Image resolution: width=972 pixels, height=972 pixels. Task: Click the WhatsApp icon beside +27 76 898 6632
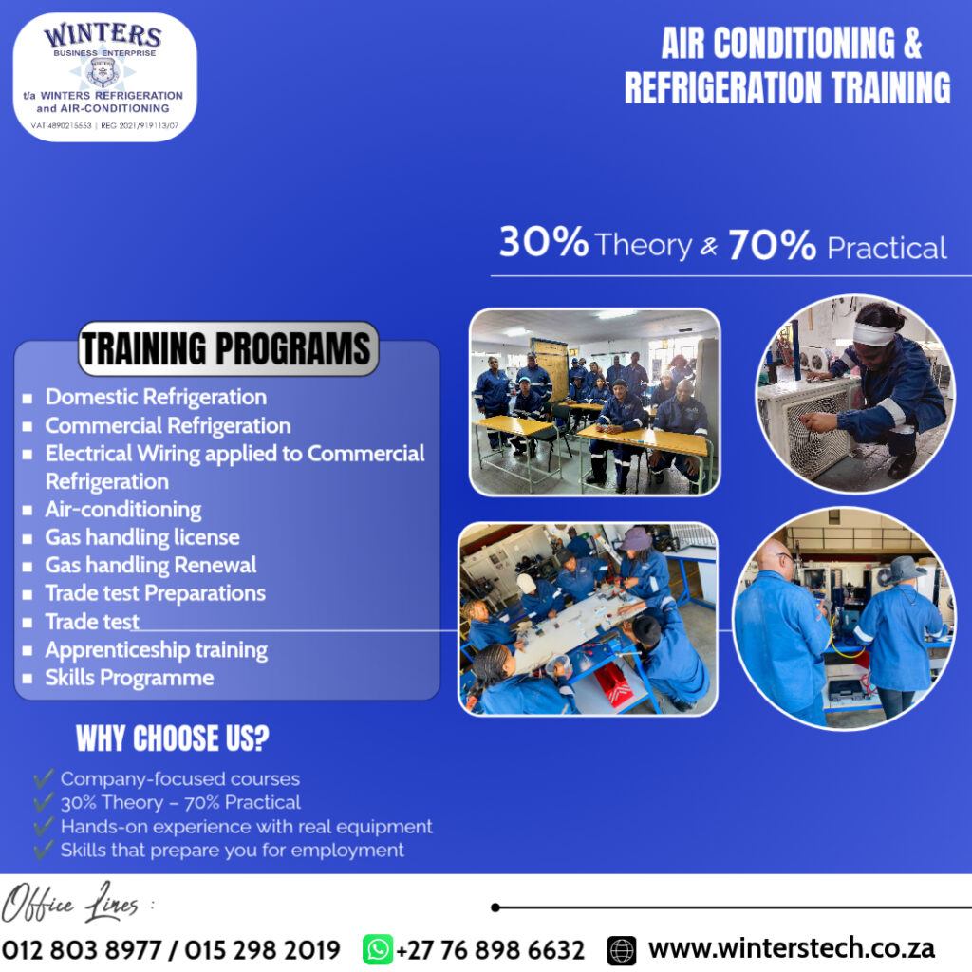tap(378, 949)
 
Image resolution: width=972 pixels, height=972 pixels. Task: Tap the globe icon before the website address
tap(622, 950)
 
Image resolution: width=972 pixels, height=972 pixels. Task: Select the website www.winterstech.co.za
tap(792, 948)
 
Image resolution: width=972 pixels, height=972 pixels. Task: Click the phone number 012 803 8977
tap(82, 949)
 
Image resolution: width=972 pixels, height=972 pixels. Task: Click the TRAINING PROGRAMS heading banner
tap(228, 348)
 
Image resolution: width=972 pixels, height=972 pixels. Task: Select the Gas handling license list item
tap(142, 537)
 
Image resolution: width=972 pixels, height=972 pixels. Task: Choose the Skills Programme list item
tap(129, 678)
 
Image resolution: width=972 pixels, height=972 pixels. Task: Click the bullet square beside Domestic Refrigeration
tap(27, 398)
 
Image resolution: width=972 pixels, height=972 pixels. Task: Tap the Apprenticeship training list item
tap(157, 649)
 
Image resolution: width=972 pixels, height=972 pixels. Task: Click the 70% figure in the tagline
tap(772, 244)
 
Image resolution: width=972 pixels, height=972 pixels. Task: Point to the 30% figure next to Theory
tap(544, 241)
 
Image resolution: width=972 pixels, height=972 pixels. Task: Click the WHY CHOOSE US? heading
tap(173, 738)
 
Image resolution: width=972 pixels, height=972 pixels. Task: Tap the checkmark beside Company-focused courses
tap(44, 777)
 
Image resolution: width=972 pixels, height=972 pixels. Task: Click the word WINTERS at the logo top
tap(103, 35)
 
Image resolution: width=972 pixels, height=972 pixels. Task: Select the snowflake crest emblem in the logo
tap(103, 72)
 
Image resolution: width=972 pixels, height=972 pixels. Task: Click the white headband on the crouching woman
tap(873, 333)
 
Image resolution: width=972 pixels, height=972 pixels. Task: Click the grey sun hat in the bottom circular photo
tap(902, 570)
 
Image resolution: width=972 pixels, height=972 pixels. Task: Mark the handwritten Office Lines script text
tap(70, 903)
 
